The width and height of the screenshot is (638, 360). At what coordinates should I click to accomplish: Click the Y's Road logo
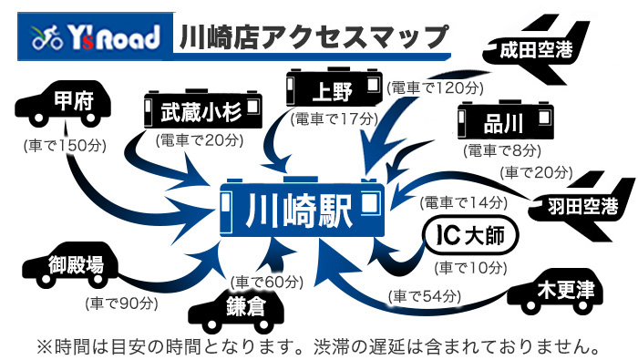coord(96,37)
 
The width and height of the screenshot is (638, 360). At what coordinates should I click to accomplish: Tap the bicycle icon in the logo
coord(47,37)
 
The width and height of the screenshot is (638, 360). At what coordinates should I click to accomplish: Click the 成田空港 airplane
coord(536,49)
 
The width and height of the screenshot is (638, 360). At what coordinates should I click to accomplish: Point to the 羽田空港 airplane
coord(581,206)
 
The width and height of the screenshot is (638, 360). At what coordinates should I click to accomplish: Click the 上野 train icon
coord(334,87)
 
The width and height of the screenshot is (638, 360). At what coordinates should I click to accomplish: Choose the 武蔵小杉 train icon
coord(203,109)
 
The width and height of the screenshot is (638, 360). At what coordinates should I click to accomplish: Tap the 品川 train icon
coord(505,120)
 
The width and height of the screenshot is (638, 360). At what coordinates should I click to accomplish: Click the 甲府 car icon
coord(63,104)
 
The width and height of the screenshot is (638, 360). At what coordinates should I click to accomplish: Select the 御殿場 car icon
coord(70,265)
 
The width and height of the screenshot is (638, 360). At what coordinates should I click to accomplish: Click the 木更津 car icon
coord(555,292)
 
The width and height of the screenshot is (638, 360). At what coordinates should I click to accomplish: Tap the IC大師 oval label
coord(471,235)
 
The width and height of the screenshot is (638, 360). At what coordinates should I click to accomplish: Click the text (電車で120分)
coord(435,88)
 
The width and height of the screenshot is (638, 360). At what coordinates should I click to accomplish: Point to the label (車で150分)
coord(65,146)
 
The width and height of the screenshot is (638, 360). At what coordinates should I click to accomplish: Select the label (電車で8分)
coord(502,151)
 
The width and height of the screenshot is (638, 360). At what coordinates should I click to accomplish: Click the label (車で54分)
coord(425,296)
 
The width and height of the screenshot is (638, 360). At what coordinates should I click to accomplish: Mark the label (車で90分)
coord(122,303)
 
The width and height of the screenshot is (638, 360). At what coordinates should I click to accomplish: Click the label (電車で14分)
coord(464,202)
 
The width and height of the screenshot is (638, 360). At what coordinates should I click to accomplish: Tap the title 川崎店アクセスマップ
coord(314,37)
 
